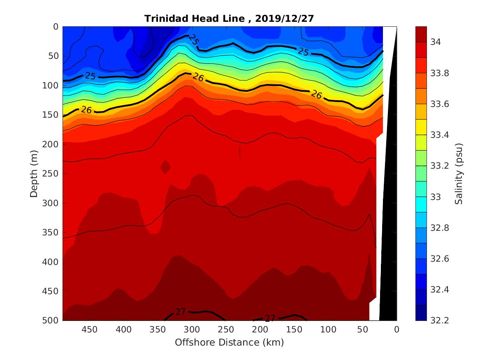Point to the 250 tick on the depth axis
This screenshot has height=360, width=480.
point(51,174)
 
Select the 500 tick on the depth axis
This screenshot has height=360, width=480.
point(51,320)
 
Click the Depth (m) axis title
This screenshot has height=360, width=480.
point(34,173)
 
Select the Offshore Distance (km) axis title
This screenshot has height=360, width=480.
point(229,342)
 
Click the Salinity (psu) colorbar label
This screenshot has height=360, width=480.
point(459,173)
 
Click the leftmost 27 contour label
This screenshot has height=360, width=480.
point(181,312)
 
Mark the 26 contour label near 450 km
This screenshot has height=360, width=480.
point(86,110)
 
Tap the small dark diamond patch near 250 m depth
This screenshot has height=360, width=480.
point(165,167)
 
